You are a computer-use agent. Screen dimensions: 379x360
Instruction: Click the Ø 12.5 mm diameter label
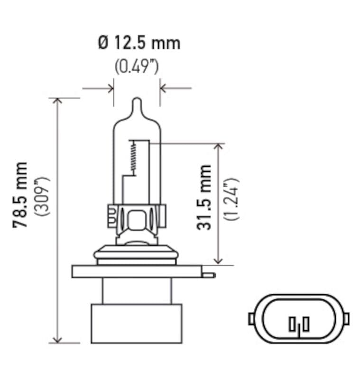(139, 43)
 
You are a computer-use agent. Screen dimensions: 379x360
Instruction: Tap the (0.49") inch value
(137, 67)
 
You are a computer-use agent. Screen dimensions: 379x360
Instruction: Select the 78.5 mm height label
(21, 195)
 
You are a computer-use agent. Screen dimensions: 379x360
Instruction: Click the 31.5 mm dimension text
(204, 197)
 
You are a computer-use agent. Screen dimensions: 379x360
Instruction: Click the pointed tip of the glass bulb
(137, 101)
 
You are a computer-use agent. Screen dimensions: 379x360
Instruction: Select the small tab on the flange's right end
(209, 274)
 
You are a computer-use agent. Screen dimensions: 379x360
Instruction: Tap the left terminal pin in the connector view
(292, 325)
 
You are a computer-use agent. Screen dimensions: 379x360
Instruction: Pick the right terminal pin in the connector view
(306, 324)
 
